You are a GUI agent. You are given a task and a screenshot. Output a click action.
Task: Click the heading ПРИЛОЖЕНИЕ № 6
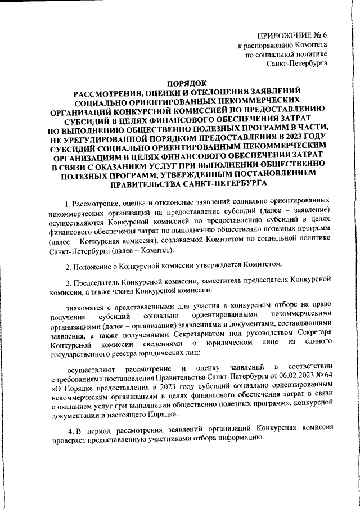291,35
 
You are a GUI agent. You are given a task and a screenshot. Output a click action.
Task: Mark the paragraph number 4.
67,429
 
